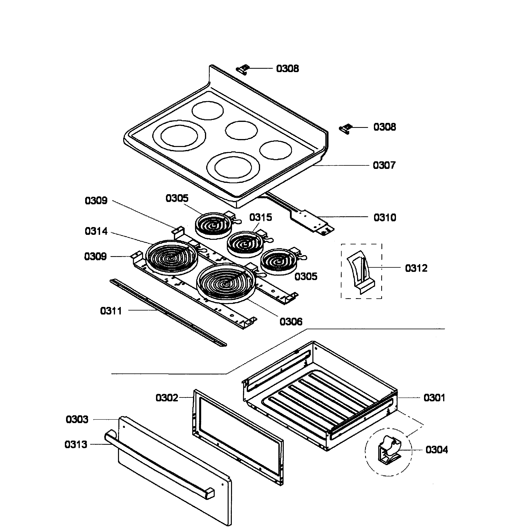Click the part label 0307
click(x=384, y=165)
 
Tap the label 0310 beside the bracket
click(x=385, y=217)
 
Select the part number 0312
click(x=416, y=268)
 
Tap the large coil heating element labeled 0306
click(x=226, y=282)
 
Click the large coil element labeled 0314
click(x=172, y=257)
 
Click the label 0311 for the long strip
click(x=111, y=311)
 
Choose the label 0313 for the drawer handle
click(x=76, y=444)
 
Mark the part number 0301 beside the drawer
click(x=434, y=398)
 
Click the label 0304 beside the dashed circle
click(x=436, y=450)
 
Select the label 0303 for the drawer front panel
click(x=77, y=419)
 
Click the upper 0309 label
click(x=96, y=201)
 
